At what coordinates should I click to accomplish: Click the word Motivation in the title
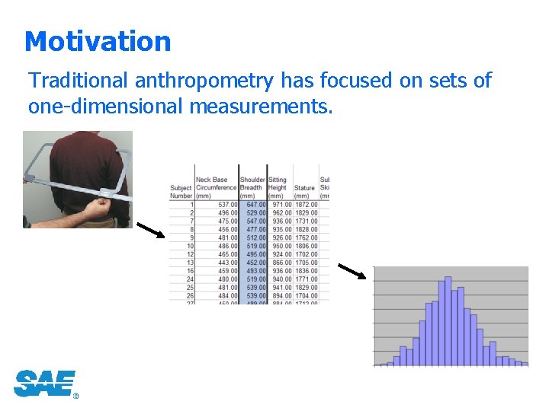98,41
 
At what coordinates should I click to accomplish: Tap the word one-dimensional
105,106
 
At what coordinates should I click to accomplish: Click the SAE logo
44,383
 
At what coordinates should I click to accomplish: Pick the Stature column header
304,188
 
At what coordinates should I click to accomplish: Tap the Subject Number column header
181,191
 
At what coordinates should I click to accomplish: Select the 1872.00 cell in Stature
306,204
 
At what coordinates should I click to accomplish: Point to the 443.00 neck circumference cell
226,263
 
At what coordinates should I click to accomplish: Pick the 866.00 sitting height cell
279,263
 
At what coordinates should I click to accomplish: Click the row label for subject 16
189,271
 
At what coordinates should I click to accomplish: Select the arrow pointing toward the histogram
352,272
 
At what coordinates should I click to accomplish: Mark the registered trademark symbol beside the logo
75,396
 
